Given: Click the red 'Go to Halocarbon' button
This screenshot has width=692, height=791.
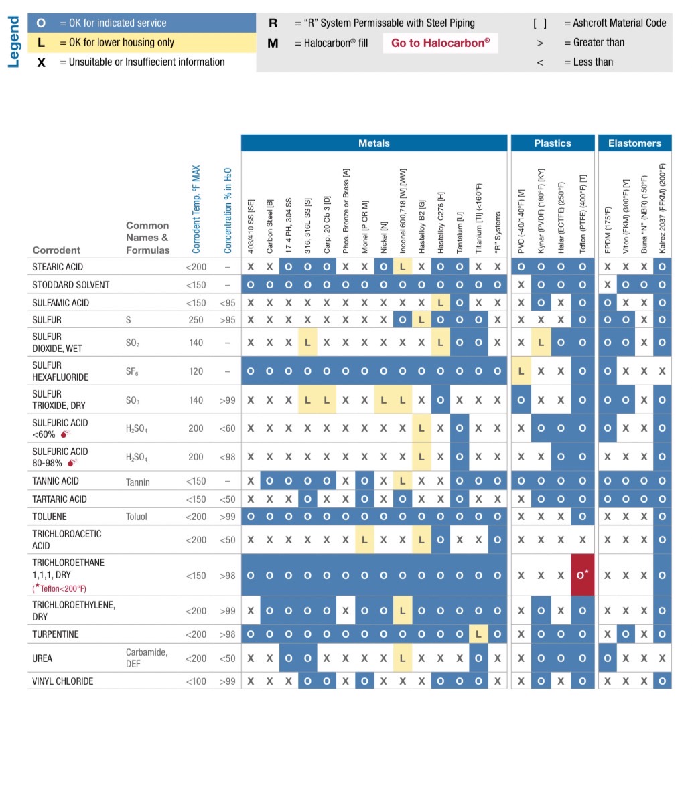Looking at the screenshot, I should click(440, 43).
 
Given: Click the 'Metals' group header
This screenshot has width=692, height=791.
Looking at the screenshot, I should click(374, 143).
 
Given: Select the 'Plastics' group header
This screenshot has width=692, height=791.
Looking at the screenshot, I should click(553, 143).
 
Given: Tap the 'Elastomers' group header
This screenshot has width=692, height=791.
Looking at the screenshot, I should click(634, 143).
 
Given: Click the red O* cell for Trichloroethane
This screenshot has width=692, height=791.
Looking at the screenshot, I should click(582, 575).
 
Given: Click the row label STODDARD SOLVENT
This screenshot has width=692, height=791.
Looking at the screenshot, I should click(70, 284).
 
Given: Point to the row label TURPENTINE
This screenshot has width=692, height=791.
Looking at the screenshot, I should click(56, 634).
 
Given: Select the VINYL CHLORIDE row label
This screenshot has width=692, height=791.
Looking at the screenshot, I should click(63, 681).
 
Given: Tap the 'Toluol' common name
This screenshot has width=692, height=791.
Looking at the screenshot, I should click(136, 517).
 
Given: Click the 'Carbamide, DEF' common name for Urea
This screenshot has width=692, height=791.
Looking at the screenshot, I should click(146, 658).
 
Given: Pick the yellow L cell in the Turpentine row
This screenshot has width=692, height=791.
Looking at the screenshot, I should click(478, 634).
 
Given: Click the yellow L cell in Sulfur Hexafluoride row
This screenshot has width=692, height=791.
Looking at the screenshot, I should click(521, 371).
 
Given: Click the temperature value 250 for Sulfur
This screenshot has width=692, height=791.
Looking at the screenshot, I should click(196, 320).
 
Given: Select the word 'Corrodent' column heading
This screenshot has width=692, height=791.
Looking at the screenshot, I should click(56, 250).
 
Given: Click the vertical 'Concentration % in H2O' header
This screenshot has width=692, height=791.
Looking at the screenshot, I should click(228, 210).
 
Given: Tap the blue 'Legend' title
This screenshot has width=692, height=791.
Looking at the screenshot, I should click(13, 42).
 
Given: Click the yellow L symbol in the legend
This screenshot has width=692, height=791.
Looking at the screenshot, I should click(41, 42).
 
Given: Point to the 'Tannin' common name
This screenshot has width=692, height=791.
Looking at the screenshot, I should click(137, 482).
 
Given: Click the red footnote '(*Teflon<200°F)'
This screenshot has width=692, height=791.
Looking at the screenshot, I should click(60, 588).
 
